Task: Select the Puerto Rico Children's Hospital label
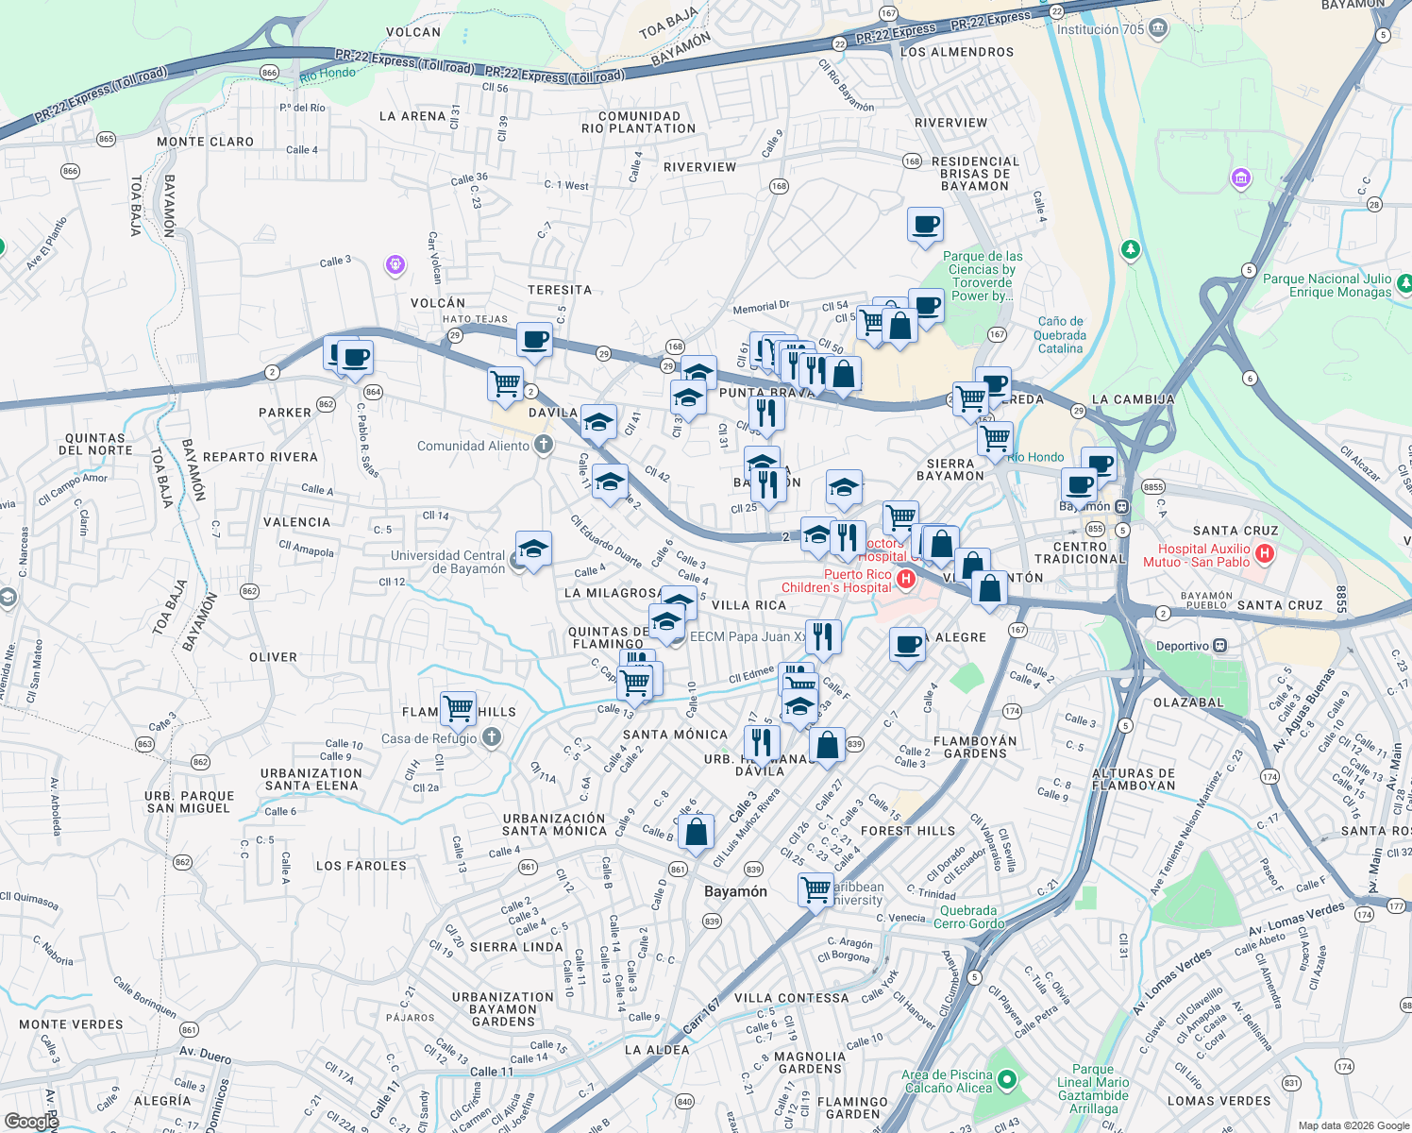point(836,581)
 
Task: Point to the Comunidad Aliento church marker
point(543,445)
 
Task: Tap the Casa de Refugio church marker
point(491,737)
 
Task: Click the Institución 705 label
point(1100,29)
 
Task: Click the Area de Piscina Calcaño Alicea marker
point(1007,1079)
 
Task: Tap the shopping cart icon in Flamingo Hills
point(458,707)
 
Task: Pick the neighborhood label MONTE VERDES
point(71,1024)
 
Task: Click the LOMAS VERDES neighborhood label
point(1219,1101)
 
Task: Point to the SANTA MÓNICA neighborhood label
point(675,735)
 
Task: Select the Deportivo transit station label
point(1182,646)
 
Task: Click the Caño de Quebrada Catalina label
point(1060,335)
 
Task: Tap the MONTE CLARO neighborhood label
point(205,142)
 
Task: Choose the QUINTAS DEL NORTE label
point(95,444)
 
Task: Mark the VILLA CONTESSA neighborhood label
point(791,998)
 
